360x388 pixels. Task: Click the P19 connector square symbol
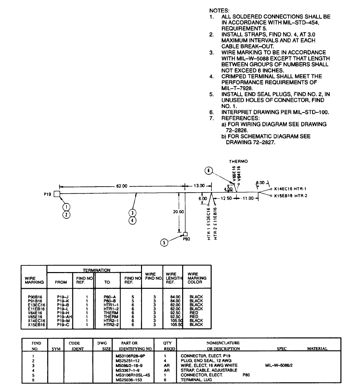point(57,194)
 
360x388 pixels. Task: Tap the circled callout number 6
point(208,171)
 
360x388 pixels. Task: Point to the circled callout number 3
point(133,213)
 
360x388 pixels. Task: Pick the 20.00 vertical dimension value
point(178,212)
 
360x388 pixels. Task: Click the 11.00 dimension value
point(248,198)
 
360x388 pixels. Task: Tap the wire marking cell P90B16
point(35,297)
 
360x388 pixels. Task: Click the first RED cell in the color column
point(194,313)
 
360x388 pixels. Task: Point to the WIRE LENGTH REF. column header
point(173,278)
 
